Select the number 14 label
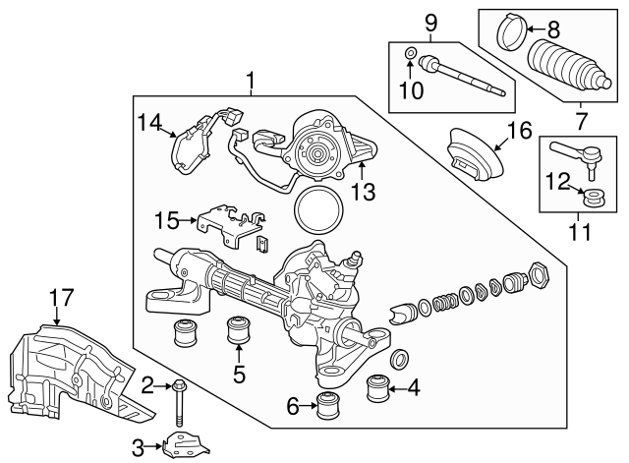pyautogui.click(x=148, y=122)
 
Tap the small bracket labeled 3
pyautogui.click(x=184, y=446)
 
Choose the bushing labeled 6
pyautogui.click(x=329, y=404)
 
